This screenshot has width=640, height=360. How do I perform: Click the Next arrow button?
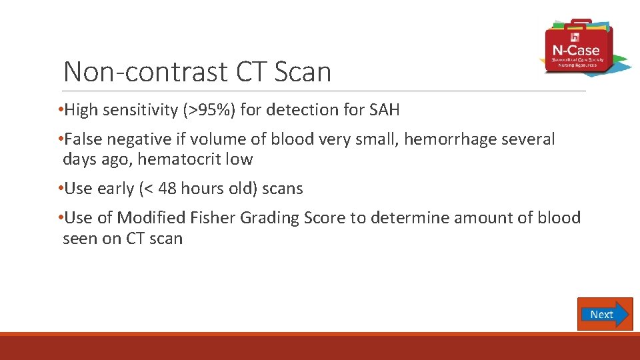(x=605, y=314)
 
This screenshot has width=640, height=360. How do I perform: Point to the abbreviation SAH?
(x=384, y=110)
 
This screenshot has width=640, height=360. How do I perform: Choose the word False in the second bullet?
(x=83, y=139)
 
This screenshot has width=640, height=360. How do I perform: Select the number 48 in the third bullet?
(x=168, y=189)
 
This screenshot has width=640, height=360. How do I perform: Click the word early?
(x=115, y=189)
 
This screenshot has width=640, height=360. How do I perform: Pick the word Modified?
(x=151, y=218)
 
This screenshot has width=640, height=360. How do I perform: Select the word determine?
(x=412, y=218)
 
